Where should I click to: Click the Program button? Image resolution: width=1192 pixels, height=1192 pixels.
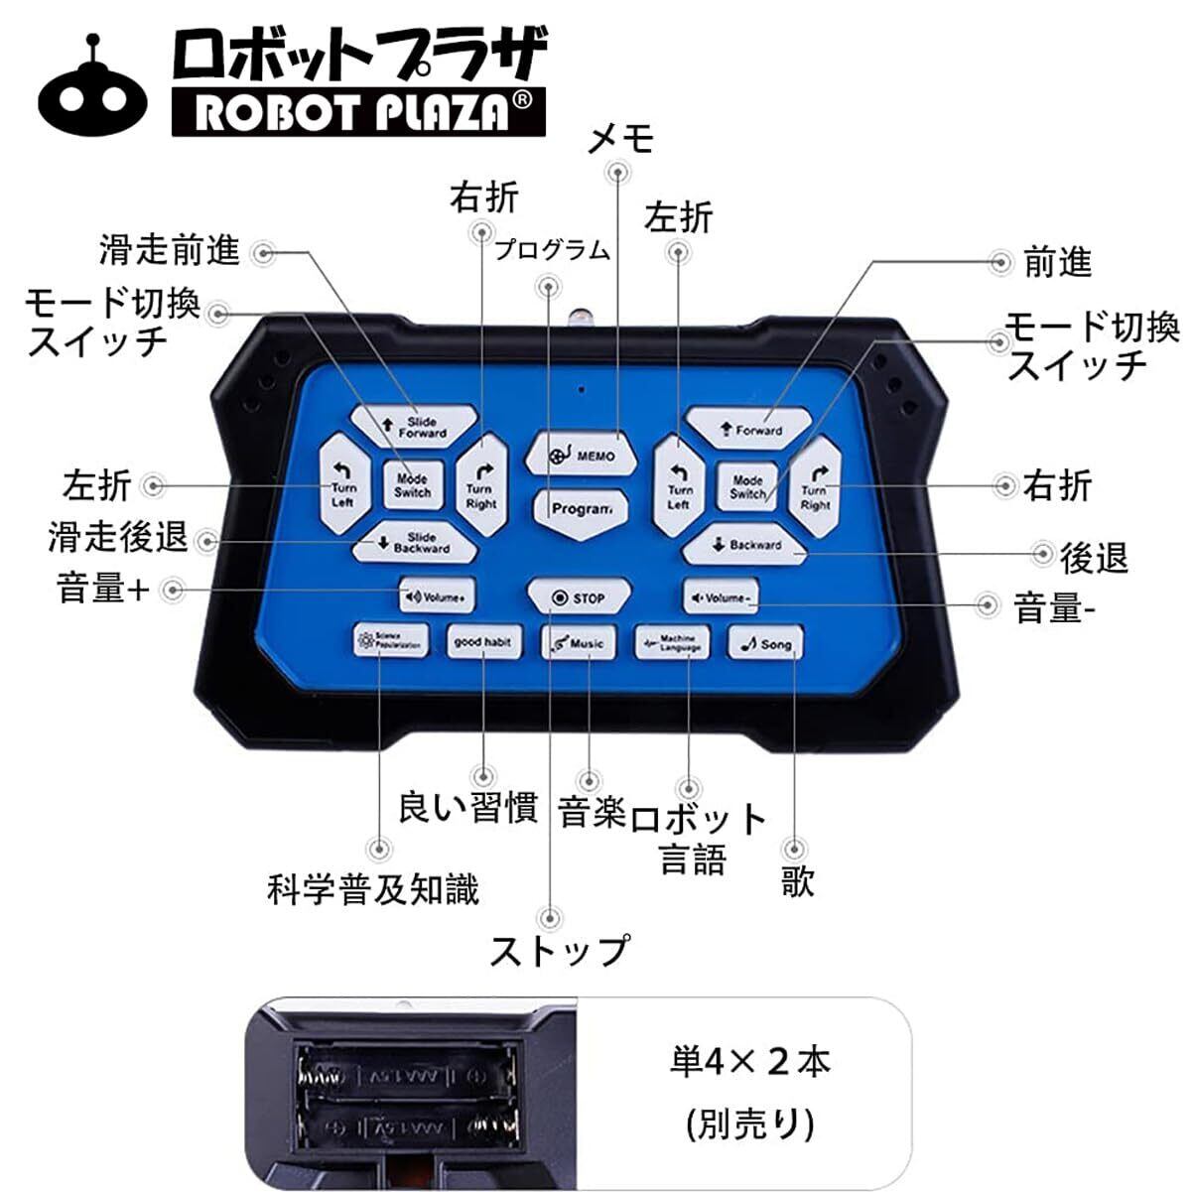point(581,508)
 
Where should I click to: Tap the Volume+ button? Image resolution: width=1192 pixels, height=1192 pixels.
point(438,597)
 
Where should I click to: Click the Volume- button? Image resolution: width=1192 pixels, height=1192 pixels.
point(721,597)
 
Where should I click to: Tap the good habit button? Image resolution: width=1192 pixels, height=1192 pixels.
point(483,642)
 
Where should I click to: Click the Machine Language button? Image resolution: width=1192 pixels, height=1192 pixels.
point(672,643)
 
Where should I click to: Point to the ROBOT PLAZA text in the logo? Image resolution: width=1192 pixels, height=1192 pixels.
point(357,112)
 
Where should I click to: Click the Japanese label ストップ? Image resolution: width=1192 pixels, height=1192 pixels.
point(559,951)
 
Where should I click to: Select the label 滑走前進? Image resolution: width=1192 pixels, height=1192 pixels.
point(170,251)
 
